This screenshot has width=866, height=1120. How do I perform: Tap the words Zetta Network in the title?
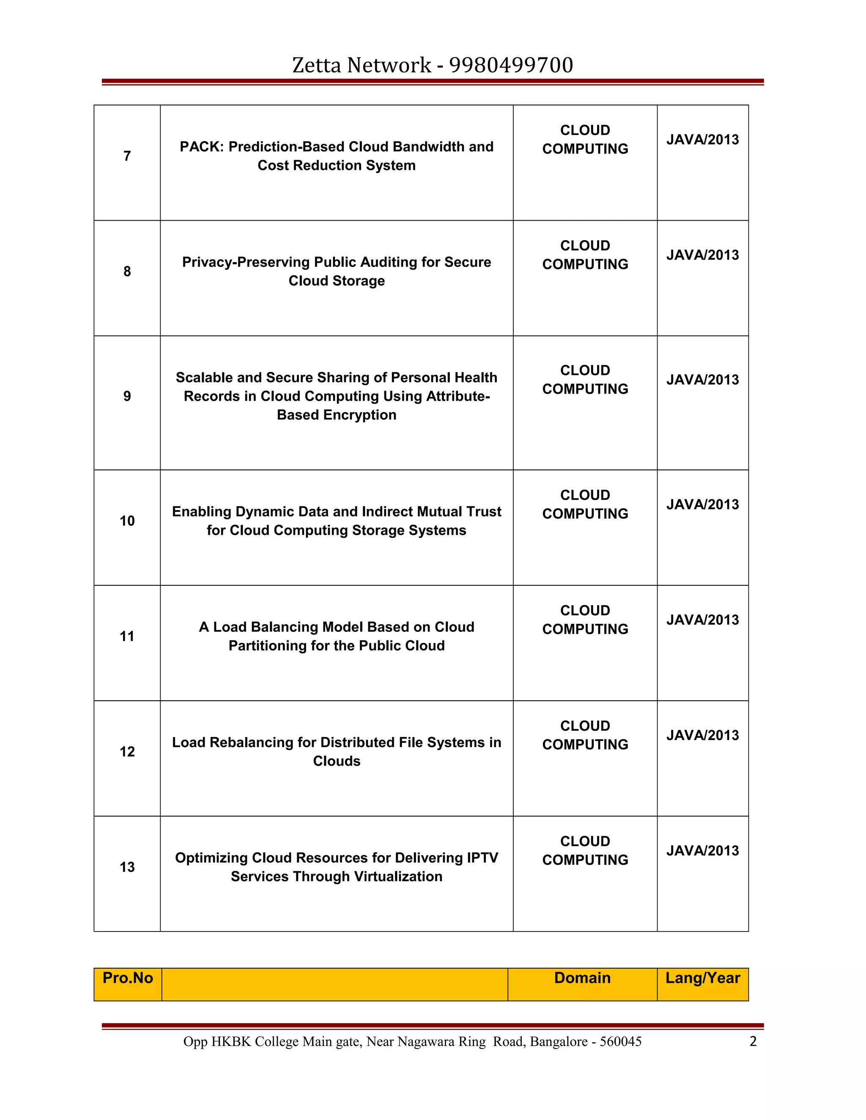point(362,65)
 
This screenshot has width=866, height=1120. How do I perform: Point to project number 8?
point(127,271)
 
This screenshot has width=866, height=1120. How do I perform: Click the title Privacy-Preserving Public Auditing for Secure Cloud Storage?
point(337,271)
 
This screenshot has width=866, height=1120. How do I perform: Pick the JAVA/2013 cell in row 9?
point(702,380)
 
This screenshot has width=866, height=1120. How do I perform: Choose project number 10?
point(127,521)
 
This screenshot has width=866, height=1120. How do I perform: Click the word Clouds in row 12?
point(337,761)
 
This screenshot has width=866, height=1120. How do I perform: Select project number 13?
point(127,867)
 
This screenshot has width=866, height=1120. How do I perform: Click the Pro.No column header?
point(128,978)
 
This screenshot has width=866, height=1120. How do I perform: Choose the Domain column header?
point(582,978)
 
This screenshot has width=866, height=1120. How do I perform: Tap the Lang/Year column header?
point(702,978)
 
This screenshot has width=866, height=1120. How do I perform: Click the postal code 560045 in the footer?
point(620,1041)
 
